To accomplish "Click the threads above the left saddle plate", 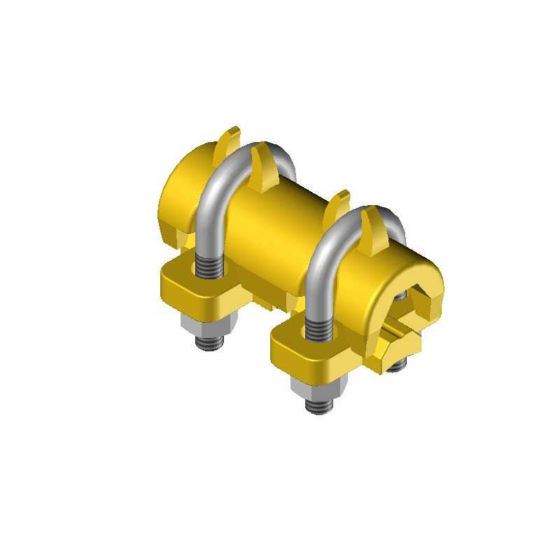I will point(209,266).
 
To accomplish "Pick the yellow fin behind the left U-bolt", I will point(229,140).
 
